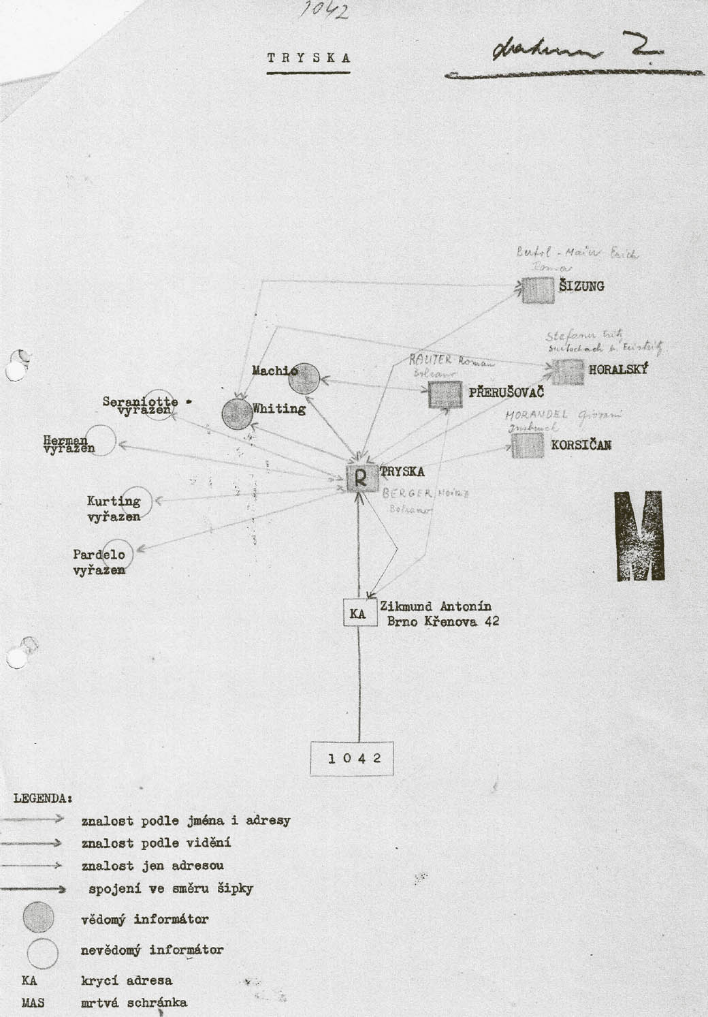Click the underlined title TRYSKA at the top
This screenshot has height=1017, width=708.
pyautogui.click(x=308, y=58)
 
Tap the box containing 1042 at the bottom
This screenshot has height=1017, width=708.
pyautogui.click(x=352, y=758)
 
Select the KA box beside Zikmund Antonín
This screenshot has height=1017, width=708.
pyautogui.click(x=358, y=613)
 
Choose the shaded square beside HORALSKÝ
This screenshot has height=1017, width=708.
pyautogui.click(x=566, y=372)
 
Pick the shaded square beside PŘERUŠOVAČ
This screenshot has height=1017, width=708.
pyautogui.click(x=445, y=394)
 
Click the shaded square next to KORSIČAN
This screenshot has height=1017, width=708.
pyautogui.click(x=528, y=445)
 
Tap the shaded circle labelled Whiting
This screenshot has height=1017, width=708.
pyautogui.click(x=238, y=413)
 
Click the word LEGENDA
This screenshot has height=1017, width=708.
pyautogui.click(x=42, y=797)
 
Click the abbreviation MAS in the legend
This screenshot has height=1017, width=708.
pyautogui.click(x=33, y=1003)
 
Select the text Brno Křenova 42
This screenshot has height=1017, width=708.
pyautogui.click(x=442, y=621)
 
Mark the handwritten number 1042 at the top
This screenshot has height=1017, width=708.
pyautogui.click(x=323, y=10)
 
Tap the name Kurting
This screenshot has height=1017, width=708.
pyautogui.click(x=113, y=501)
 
